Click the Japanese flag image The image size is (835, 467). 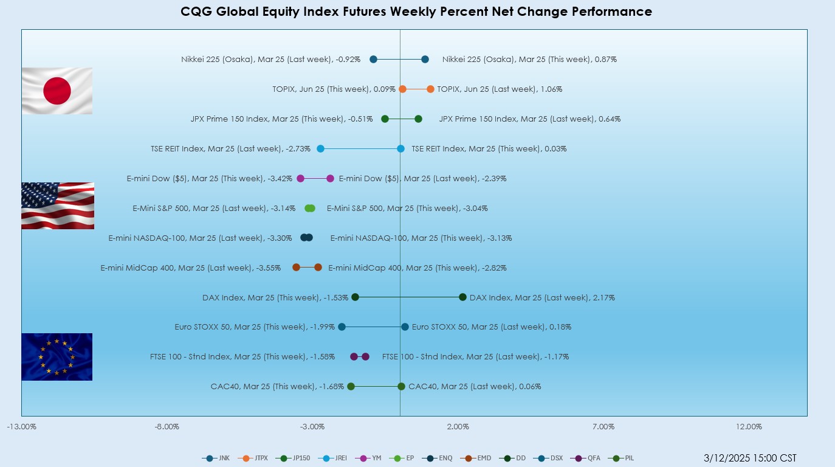57,91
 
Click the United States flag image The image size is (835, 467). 58,206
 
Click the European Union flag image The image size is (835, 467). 57,356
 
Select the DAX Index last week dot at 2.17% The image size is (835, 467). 462,297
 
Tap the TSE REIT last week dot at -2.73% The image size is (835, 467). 321,149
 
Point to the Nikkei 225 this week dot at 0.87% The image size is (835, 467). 425,60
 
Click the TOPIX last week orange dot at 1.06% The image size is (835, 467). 430,89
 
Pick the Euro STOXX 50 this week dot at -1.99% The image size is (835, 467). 342,327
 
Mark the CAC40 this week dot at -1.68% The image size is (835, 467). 351,387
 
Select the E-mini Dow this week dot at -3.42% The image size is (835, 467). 300,179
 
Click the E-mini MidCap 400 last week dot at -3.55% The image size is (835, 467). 297,268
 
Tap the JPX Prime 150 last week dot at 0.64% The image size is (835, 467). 418,119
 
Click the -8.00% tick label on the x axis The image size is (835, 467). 167,427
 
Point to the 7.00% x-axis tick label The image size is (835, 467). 603,427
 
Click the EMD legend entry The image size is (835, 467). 476,458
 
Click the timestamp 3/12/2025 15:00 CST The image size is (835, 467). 750,458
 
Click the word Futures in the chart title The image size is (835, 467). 362,12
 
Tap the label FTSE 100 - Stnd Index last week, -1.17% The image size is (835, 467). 476,357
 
